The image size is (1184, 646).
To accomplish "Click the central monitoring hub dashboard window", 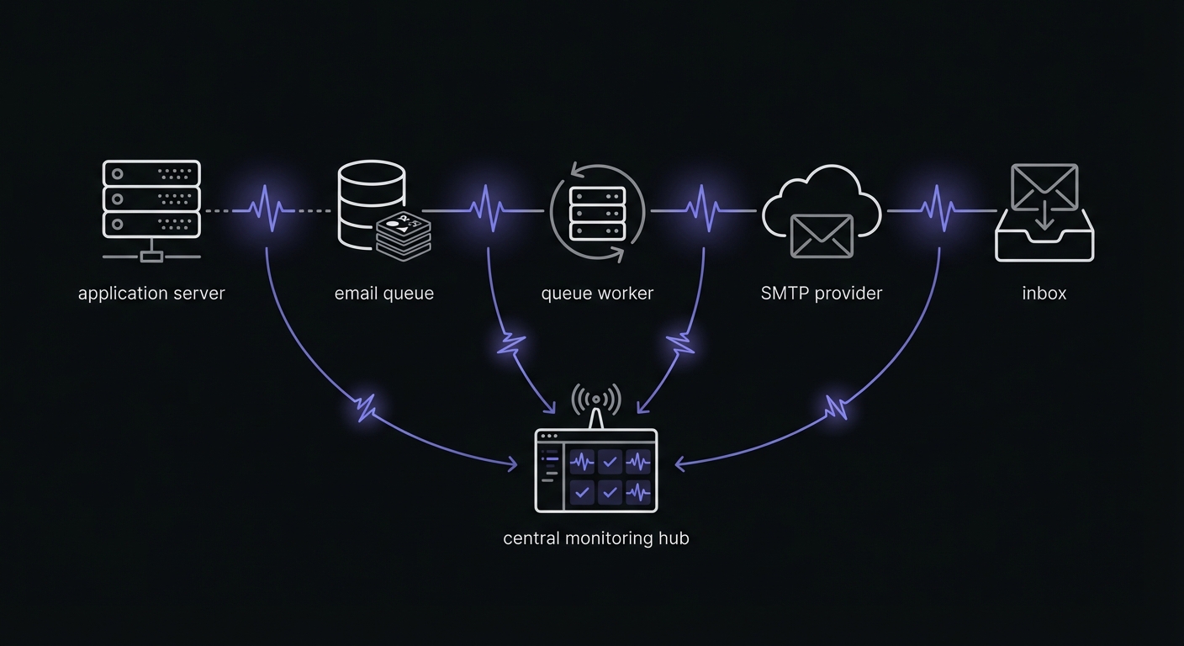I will [596, 470].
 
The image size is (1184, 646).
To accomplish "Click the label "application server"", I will [151, 294].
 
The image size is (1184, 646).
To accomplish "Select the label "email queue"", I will [384, 294].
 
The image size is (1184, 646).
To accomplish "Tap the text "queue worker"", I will [597, 294].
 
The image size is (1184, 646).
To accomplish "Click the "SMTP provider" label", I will [822, 294].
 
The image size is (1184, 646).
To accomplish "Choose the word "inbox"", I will [1044, 294].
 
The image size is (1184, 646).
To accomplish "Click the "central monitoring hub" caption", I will [596, 538].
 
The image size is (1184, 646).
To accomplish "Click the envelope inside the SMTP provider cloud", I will [822, 236].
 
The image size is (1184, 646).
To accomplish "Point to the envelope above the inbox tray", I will [1044, 186].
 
